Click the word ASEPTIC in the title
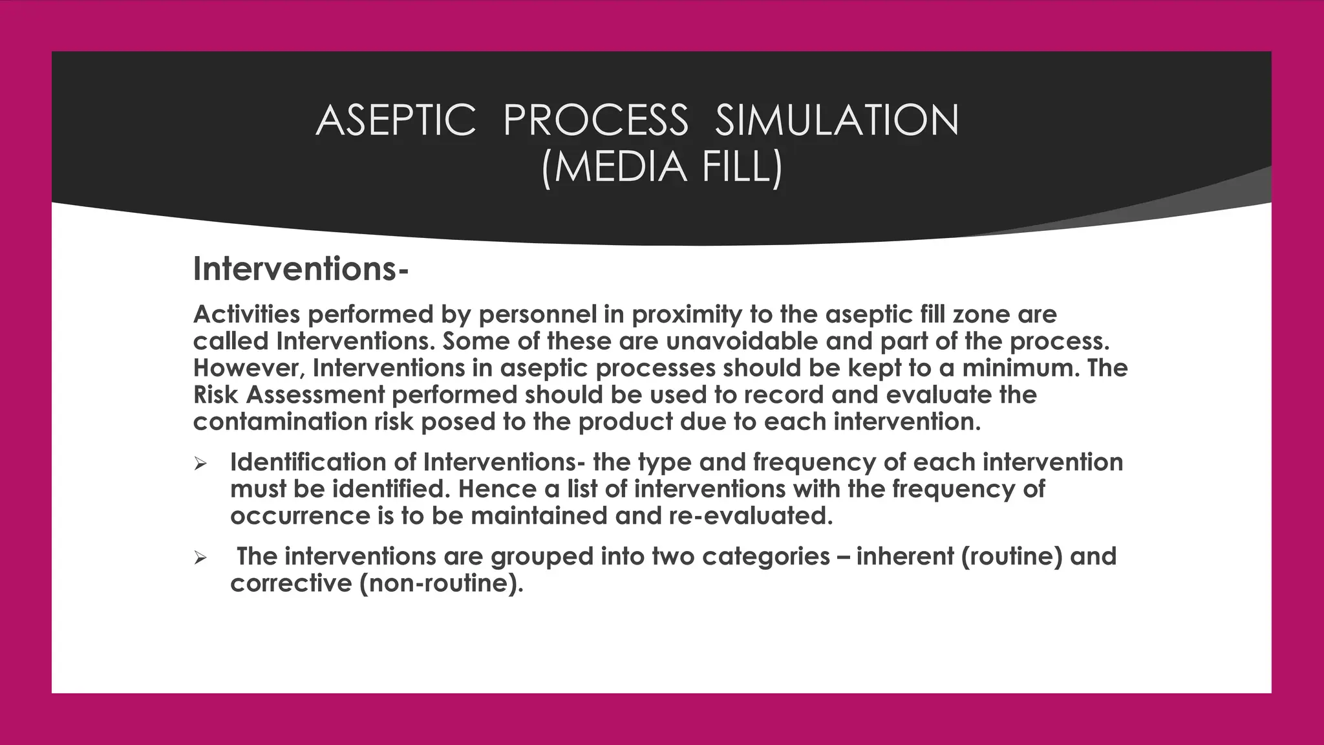(x=396, y=121)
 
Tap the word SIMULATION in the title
(x=837, y=121)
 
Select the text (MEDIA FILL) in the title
(x=662, y=167)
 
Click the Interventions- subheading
(x=301, y=269)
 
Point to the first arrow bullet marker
(x=200, y=464)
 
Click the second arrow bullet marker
(x=200, y=557)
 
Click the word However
(x=249, y=369)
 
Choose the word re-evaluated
(x=747, y=516)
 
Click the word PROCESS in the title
(x=595, y=121)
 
